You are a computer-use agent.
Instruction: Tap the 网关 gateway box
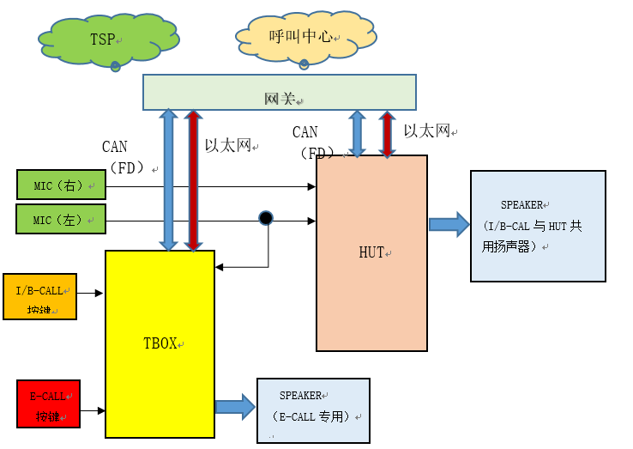tap(279, 92)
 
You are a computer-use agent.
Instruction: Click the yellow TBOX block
tap(160, 343)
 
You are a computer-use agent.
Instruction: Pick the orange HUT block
tap(371, 253)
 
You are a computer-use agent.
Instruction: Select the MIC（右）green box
tap(61, 185)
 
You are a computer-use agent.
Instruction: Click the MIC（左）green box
tap(61, 219)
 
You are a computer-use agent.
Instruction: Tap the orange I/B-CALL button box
tap(39, 296)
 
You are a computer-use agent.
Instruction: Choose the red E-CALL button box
tap(48, 403)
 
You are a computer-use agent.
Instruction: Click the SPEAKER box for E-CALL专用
tap(313, 410)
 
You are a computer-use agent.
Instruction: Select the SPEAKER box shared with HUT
tap(538, 225)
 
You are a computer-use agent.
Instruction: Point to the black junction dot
tap(266, 218)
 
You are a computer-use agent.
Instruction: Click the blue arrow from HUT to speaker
tap(449, 224)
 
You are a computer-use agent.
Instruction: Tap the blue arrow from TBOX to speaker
tap(235, 406)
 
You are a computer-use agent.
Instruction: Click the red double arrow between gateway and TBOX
tap(194, 180)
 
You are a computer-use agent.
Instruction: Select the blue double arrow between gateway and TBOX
tap(168, 180)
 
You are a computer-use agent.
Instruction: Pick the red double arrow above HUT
tap(387, 134)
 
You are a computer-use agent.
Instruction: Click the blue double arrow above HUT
tap(357, 134)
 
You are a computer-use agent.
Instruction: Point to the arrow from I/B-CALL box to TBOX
tap(91, 294)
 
